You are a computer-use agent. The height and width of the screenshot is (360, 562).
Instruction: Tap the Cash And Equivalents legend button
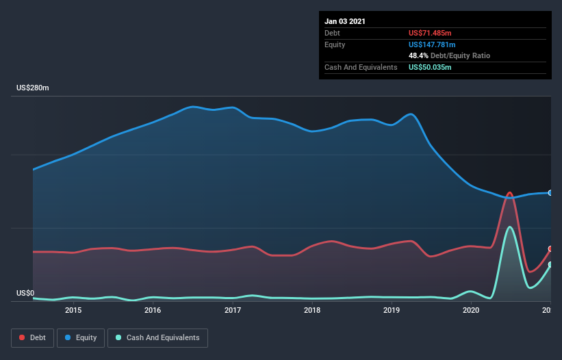click(157, 337)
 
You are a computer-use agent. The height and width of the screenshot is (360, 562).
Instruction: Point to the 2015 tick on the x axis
click(73, 310)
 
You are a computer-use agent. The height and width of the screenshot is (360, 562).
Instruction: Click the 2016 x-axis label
click(153, 310)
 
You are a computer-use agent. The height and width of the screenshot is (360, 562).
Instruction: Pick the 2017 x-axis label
click(233, 310)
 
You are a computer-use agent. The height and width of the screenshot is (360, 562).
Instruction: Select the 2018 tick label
click(312, 310)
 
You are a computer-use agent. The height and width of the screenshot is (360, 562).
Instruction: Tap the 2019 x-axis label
click(392, 310)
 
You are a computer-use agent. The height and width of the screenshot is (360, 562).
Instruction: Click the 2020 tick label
click(471, 310)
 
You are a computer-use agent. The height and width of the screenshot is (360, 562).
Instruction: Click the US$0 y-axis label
click(25, 293)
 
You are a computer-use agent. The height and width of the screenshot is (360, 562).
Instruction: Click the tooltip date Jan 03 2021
click(345, 21)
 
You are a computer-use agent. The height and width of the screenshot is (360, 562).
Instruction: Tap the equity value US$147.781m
click(432, 44)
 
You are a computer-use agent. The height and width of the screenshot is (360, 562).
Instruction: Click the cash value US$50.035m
click(431, 67)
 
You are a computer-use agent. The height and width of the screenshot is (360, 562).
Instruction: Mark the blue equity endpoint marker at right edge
click(550, 193)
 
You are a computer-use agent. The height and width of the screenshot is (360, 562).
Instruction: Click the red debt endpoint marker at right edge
click(550, 248)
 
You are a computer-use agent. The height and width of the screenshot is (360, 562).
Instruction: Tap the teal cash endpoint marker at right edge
click(550, 264)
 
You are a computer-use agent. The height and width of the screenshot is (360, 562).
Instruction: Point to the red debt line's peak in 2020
click(509, 193)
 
